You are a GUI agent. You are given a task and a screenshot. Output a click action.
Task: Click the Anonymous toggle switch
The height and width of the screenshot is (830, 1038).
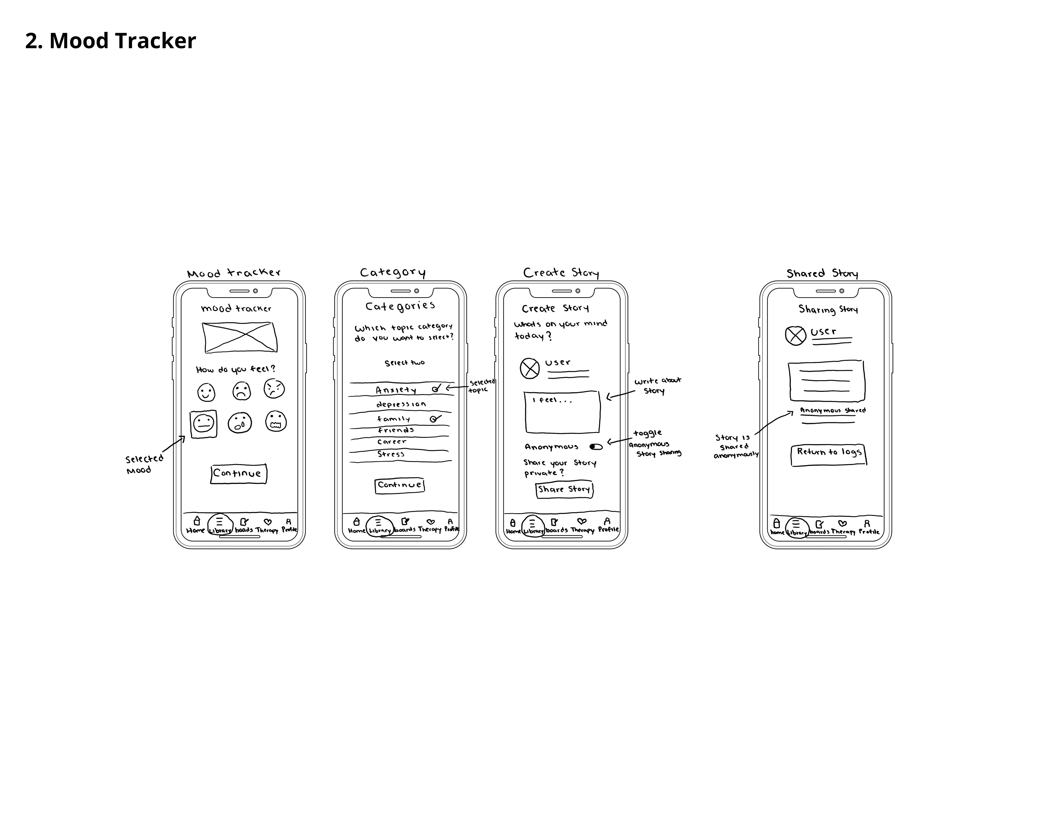pos(596,447)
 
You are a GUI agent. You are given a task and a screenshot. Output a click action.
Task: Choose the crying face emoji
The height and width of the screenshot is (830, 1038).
pos(240,423)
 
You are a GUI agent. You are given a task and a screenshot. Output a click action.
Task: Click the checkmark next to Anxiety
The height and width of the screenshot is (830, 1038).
pos(436,388)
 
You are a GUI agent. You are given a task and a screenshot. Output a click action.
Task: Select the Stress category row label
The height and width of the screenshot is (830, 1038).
pos(391,454)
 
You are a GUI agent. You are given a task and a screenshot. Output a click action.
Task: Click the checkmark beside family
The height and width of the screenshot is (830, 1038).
pos(434,419)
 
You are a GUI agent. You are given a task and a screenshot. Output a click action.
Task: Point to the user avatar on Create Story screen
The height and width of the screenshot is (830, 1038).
pos(530,369)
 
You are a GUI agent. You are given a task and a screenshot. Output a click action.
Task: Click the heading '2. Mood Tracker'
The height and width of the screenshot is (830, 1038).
pos(111,41)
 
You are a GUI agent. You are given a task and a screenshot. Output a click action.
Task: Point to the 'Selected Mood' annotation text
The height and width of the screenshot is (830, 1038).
pos(144,465)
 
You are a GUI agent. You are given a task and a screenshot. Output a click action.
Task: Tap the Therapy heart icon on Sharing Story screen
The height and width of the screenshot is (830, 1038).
pos(842,524)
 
